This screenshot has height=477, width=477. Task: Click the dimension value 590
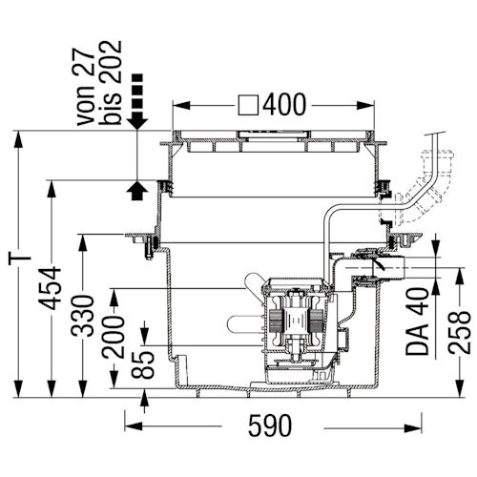coord(270,425)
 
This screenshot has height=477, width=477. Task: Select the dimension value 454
coord(50,288)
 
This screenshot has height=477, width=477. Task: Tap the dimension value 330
coord(83,316)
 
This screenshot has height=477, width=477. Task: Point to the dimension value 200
coord(114,337)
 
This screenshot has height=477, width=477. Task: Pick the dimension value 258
coord(460,332)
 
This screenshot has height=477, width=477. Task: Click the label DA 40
coord(417,321)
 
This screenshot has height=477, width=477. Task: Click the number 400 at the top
coord(284,105)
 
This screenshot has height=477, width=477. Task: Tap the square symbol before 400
coord(248,105)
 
